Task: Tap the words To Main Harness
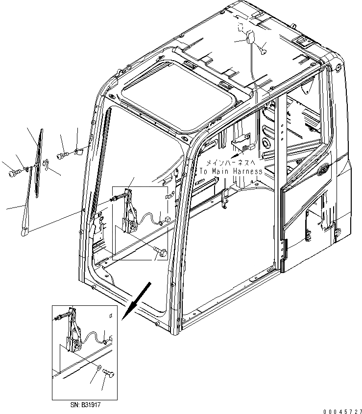[x=231, y=172]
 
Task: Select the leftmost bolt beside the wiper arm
[x=13, y=173]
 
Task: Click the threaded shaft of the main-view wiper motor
[x=120, y=198]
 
